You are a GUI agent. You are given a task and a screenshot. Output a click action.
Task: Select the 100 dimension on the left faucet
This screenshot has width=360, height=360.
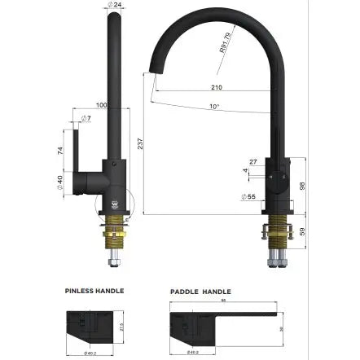[102, 105]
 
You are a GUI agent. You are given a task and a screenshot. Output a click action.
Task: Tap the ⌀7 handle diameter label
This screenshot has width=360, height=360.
[86, 119]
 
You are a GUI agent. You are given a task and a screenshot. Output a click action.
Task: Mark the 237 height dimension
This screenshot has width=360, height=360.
[140, 143]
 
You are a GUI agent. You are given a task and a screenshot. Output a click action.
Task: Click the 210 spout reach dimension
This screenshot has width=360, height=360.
[216, 86]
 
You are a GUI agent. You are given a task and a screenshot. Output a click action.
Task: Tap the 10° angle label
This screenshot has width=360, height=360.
[213, 106]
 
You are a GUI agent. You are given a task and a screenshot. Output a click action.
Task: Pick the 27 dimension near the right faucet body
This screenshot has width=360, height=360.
[252, 162]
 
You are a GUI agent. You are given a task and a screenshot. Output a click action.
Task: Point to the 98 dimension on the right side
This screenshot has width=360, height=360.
[302, 186]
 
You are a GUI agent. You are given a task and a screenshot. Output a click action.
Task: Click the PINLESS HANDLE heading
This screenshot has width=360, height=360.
[94, 290]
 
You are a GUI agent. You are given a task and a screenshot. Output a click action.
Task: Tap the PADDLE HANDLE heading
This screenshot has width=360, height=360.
[200, 291]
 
